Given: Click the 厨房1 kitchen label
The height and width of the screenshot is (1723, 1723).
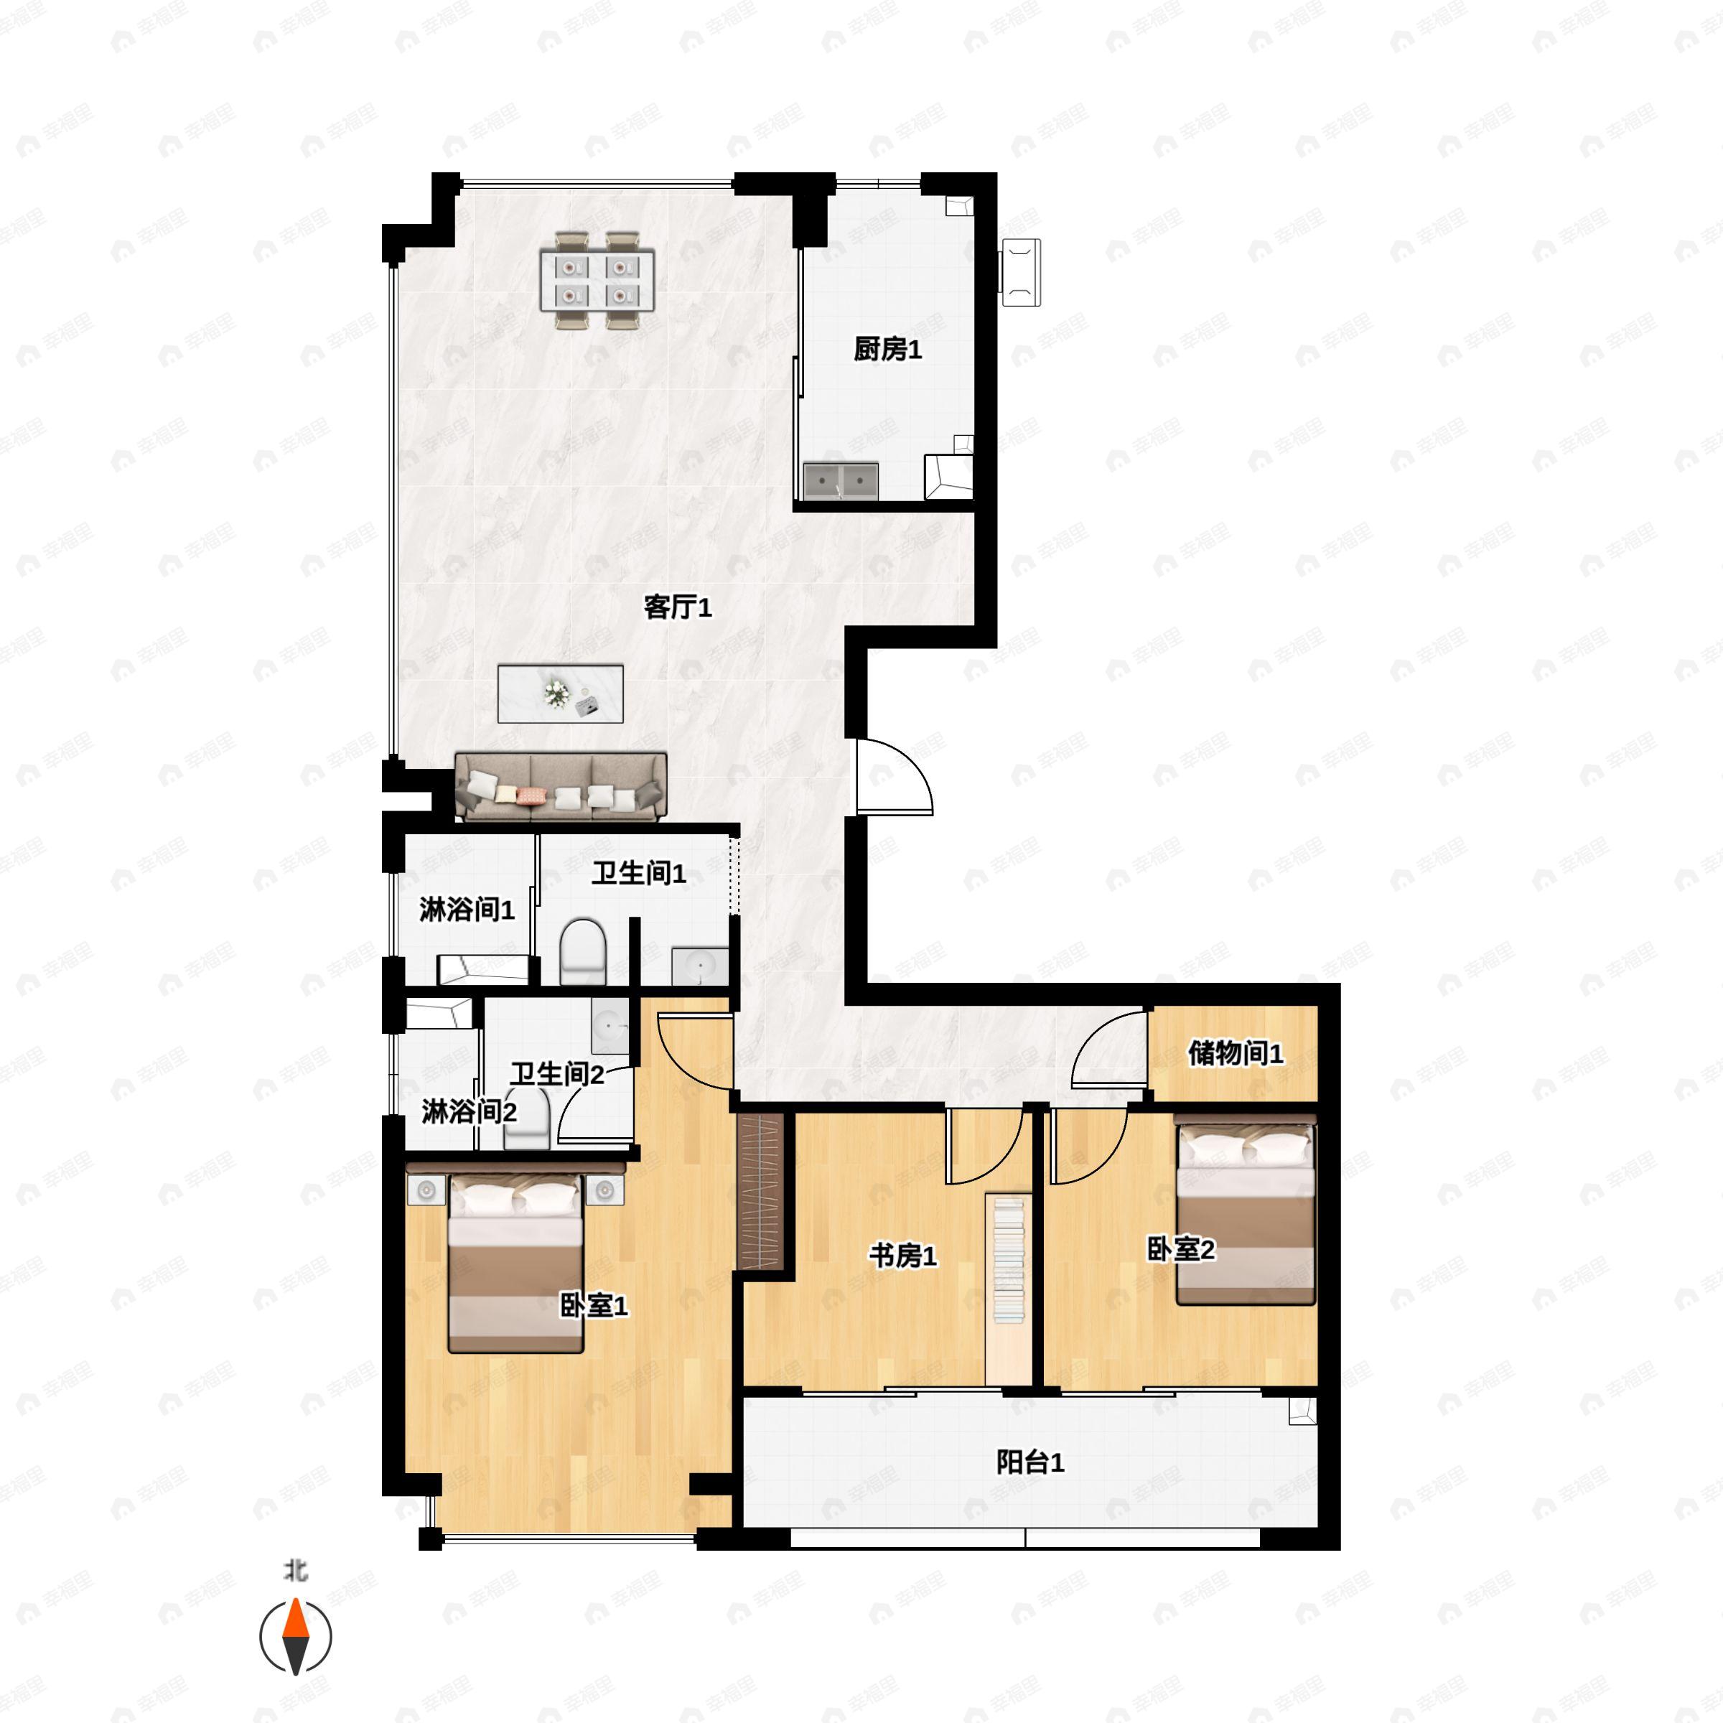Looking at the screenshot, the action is point(887,349).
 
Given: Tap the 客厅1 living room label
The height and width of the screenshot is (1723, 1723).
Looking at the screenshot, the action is point(678,607).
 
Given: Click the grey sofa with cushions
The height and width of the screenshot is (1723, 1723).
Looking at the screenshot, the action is point(561,788).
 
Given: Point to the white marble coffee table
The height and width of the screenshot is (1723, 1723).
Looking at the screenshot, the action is point(560,694).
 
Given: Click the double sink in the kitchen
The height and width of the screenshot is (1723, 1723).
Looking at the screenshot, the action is point(840,482).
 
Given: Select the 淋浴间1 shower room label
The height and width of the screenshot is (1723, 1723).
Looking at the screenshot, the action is point(467,910).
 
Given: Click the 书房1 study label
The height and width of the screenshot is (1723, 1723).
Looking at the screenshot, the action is point(903,1256).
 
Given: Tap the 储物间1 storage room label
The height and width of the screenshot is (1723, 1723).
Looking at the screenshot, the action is point(1235,1052).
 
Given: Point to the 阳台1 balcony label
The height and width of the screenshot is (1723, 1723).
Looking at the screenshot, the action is point(1030,1462).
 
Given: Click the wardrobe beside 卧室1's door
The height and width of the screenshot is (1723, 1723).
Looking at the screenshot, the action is point(761,1190).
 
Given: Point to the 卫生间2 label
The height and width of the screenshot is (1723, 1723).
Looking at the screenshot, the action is point(557,1074).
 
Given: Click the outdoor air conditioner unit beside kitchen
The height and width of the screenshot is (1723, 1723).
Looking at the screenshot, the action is point(1020,272).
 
